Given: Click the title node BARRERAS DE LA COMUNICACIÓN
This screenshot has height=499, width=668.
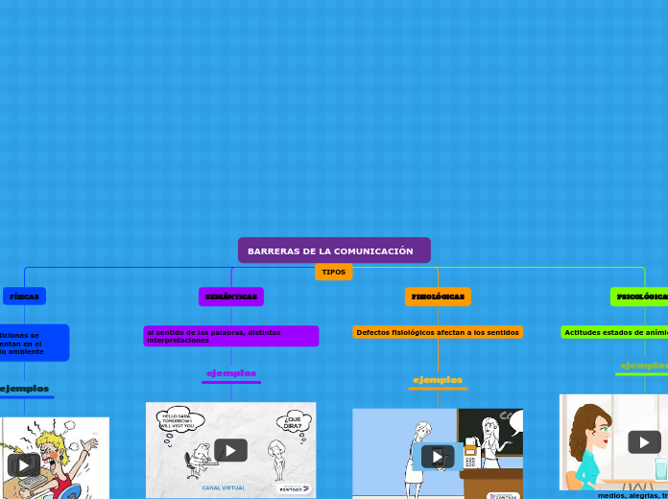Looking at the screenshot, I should [x=333, y=250].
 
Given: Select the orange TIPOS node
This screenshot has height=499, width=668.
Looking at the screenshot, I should [x=333, y=273].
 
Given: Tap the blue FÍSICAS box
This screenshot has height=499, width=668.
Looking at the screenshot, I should [x=24, y=297].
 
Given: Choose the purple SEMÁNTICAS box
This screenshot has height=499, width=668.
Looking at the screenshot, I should [x=231, y=297].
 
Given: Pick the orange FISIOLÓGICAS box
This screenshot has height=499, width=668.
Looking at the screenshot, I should [x=438, y=297].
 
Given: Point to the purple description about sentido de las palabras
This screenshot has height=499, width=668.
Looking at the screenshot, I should [x=230, y=336].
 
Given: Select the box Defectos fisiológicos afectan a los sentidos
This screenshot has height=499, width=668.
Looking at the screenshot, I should [x=438, y=332].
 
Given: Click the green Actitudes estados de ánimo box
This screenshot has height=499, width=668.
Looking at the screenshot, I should [x=615, y=332].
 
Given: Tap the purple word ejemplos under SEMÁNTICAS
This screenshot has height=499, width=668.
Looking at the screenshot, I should [x=231, y=372].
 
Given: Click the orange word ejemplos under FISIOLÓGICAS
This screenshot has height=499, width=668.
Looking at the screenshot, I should [x=438, y=380].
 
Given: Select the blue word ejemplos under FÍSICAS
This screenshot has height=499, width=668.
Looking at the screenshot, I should [x=24, y=388].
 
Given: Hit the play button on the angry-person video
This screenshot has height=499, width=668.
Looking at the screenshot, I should [x=23, y=464].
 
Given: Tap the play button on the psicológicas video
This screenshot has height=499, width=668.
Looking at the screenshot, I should [x=644, y=441].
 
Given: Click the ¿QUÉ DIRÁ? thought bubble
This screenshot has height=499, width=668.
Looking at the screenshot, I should [x=294, y=422].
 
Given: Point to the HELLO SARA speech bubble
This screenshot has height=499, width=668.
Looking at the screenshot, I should [x=178, y=421].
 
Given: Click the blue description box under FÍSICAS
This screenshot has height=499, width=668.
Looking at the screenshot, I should [x=33, y=343].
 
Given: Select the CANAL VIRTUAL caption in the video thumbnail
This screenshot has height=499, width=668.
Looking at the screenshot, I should [x=224, y=487].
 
